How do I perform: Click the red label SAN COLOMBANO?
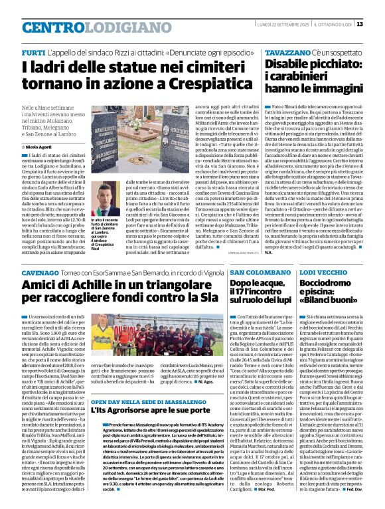(x=259, y=255)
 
